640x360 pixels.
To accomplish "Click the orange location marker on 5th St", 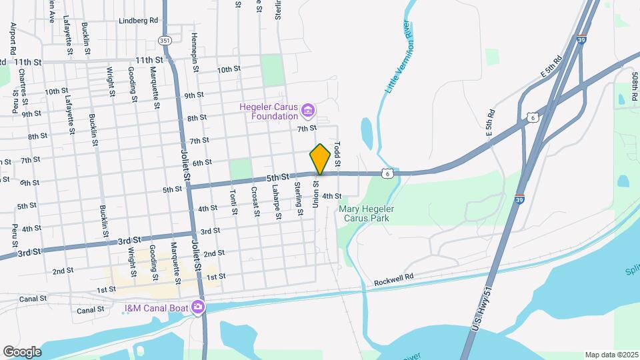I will click(320, 159).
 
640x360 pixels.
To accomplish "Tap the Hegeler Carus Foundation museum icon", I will click(307, 109).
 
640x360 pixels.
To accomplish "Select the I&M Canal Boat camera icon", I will click(197, 307).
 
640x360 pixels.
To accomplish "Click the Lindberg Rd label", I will click(139, 21).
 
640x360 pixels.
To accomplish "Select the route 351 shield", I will click(165, 41).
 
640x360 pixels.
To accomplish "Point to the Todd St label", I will click(337, 154).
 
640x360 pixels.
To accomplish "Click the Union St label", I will click(315, 193).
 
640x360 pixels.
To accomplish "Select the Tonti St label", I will click(234, 203).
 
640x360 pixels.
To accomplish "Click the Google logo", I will click(22, 352).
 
